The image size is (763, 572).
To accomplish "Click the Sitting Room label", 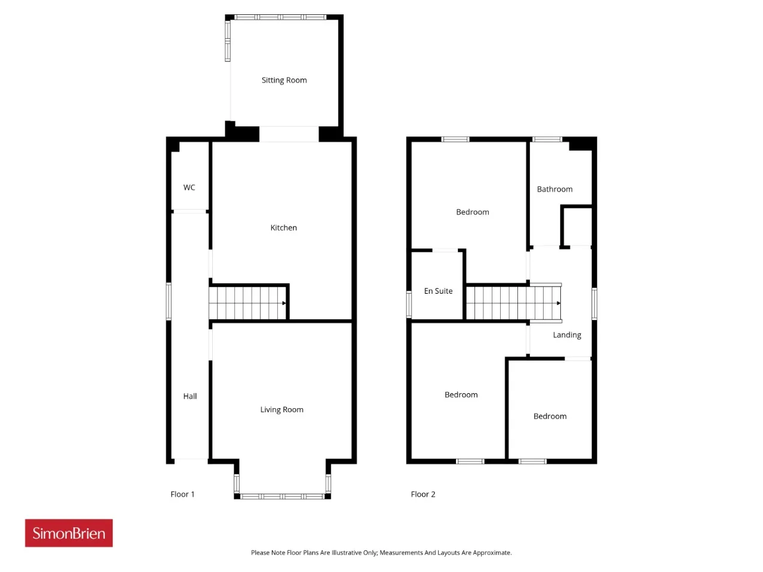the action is [284, 80].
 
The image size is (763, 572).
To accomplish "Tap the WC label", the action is [189, 188].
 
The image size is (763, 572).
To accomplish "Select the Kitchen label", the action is [284, 228].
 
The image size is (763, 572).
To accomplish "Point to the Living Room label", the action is [281, 410].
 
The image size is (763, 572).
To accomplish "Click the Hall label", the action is [190, 396].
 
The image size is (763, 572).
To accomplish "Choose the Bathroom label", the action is [554, 189].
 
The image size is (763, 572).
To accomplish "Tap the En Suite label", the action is [438, 291].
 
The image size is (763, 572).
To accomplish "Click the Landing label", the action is [567, 335].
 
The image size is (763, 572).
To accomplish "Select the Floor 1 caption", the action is [182, 494].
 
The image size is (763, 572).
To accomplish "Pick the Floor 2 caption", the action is [423, 494].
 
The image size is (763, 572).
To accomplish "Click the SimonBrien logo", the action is [69, 533].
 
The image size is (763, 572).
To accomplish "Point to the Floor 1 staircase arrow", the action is [284, 303].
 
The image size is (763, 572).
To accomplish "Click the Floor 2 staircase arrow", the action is [559, 303].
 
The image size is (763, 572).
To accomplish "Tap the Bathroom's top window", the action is [547, 139].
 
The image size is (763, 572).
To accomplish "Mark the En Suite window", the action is [409, 304].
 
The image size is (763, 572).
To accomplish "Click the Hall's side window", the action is [169, 301].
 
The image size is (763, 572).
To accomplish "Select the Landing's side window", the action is [594, 303].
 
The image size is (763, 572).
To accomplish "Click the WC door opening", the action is [190, 212].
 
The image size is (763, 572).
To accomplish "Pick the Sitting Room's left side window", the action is [228, 41].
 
